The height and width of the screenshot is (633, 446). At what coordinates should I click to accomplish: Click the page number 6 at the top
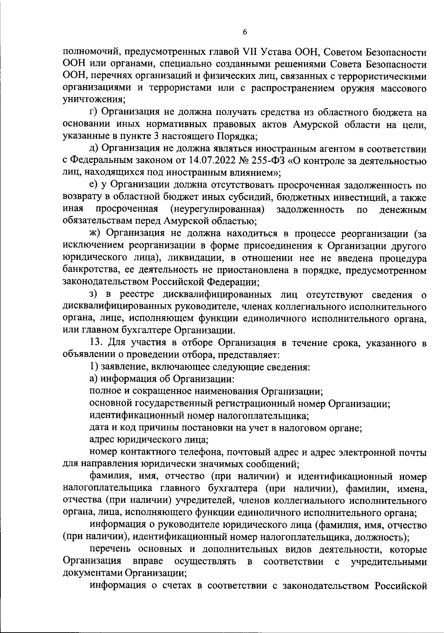coord(245,32)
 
